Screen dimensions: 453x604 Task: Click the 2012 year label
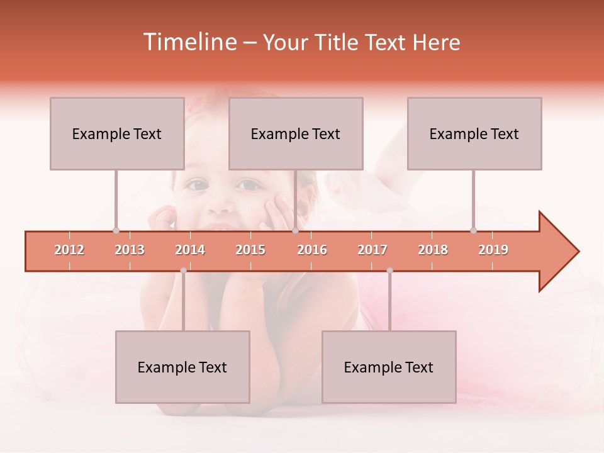(x=69, y=250)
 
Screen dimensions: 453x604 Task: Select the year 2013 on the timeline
(x=130, y=250)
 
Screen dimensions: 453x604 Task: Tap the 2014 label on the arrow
(x=190, y=250)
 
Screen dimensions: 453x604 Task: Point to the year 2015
(x=250, y=250)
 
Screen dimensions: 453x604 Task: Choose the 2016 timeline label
(x=312, y=250)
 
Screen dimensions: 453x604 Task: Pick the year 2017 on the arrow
(x=372, y=250)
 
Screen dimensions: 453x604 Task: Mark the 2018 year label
(x=433, y=250)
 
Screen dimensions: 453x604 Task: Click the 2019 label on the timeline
(x=493, y=250)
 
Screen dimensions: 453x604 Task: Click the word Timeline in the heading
(x=189, y=42)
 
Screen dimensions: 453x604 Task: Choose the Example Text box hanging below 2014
(x=182, y=367)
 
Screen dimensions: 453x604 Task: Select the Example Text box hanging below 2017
(x=389, y=367)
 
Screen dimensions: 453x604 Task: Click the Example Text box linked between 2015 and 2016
(x=296, y=133)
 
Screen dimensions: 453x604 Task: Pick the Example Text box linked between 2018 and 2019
(x=474, y=133)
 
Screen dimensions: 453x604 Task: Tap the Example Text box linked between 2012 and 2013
(x=117, y=133)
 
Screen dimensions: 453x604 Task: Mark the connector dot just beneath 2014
(x=183, y=271)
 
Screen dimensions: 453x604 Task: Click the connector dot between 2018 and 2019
(x=474, y=230)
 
